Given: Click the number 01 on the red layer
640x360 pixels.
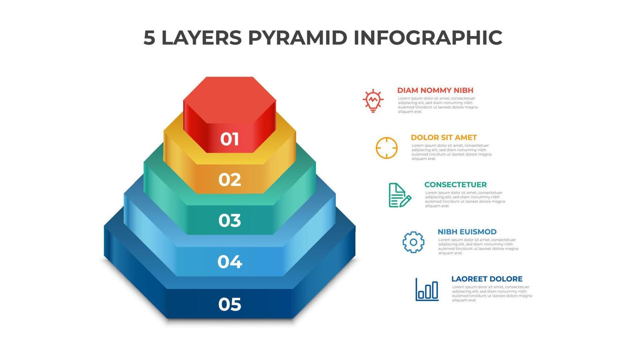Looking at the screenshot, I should [x=230, y=139].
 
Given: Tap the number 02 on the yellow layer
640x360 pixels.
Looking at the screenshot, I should [x=230, y=180].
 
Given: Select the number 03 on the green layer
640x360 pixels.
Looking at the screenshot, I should [x=230, y=220].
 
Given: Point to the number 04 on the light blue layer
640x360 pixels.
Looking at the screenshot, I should [x=230, y=262].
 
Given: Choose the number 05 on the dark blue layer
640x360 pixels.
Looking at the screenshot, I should [x=230, y=305].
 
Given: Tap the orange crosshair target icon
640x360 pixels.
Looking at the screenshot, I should [x=386, y=148].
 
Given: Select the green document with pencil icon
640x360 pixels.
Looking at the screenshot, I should [x=399, y=195].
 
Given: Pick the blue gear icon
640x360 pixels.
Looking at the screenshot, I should [x=413, y=242].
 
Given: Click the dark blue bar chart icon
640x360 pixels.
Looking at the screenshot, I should [x=427, y=289].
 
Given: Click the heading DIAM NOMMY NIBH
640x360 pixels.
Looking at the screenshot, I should [x=435, y=90].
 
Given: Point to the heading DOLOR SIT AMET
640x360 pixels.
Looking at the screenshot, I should [x=443, y=137].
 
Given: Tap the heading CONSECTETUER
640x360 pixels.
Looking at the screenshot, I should [x=455, y=184].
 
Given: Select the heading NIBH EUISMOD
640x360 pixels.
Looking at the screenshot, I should [x=467, y=232].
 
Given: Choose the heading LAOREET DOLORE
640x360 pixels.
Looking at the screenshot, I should [x=487, y=279].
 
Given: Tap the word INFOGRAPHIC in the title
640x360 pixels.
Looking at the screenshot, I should [x=428, y=38].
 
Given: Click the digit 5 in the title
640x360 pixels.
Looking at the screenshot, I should [x=149, y=38].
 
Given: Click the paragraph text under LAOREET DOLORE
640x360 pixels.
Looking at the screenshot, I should [x=492, y=294].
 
